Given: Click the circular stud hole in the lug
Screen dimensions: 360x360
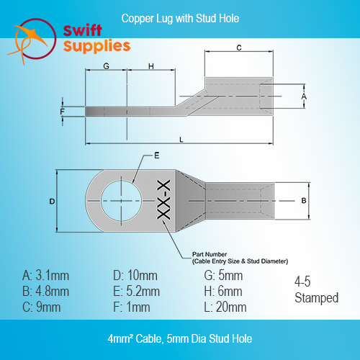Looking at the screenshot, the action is (x=121, y=201).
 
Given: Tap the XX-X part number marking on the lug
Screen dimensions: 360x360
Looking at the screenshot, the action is (x=163, y=199).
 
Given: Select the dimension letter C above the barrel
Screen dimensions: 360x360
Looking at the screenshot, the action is (x=239, y=48).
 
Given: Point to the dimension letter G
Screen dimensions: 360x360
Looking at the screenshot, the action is (x=106, y=66).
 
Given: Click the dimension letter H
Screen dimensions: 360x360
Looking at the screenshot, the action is (x=151, y=66).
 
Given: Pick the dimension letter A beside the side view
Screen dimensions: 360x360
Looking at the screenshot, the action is (x=304, y=96).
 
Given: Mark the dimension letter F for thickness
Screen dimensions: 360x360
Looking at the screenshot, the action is (x=63, y=112).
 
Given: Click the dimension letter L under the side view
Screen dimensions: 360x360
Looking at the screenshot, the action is (x=181, y=140).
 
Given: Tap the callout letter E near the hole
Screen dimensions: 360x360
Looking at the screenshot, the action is (x=157, y=156).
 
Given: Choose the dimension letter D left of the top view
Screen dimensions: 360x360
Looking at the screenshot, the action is (x=52, y=202).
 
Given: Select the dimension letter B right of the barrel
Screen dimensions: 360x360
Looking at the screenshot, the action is (x=304, y=200).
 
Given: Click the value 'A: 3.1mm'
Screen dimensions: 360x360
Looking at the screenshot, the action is (x=45, y=275).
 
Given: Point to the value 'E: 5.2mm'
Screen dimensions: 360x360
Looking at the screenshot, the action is (x=136, y=292).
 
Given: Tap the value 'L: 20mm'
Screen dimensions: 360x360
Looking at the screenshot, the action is (x=225, y=307).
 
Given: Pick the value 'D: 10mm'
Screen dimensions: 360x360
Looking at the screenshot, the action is (x=135, y=275).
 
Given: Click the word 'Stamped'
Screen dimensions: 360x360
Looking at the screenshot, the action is (x=317, y=298).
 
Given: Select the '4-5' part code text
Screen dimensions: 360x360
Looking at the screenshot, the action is (x=302, y=282).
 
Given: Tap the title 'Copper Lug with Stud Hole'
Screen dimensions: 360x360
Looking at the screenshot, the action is (x=180, y=19).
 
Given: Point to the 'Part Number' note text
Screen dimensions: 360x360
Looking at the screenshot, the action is (x=210, y=254).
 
